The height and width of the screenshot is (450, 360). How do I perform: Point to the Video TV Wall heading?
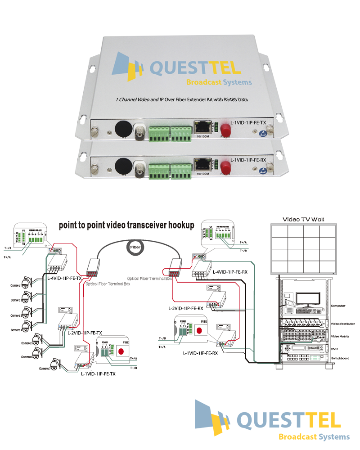(x=303, y=219)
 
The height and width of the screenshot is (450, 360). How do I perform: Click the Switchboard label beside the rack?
(x=340, y=358)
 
